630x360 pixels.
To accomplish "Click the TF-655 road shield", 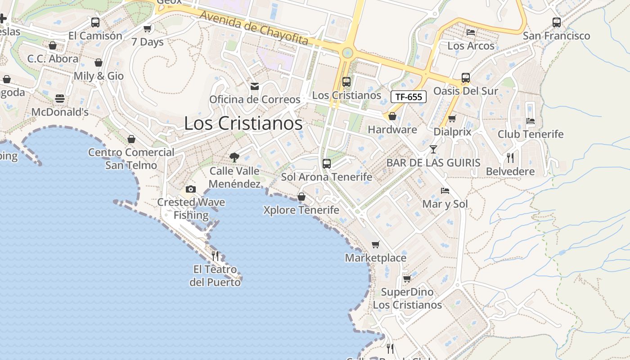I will pos(408,97).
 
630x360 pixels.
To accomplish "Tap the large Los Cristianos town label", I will pos(243,123).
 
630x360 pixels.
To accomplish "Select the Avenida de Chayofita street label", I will pos(254,28).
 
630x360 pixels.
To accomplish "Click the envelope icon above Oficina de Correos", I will pos(255,86).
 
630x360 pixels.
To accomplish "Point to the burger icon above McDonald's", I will pos(60,98).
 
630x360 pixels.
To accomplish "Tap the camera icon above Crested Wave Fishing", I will pos(191,189).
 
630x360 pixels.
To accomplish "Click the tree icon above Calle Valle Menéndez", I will pos(234,157).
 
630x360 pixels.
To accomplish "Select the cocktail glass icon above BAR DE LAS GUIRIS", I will pos(433,149).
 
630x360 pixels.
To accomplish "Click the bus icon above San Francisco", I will pos(557,22).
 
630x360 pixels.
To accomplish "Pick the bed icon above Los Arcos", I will pos(471,32).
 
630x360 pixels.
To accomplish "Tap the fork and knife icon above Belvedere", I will pos(510,157).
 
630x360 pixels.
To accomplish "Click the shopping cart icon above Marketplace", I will pos(376,244).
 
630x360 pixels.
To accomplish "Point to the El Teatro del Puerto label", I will pos(215,276).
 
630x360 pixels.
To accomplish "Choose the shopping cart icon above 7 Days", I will pos(147,29).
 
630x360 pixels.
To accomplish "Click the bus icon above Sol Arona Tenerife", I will pos(327,163).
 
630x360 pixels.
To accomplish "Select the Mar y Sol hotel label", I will pos(445,204).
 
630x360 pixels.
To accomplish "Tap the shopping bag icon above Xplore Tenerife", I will pos(301,197).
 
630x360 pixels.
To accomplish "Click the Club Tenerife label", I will pos(531,134).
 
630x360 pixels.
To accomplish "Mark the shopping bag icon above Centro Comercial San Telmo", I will pos(131,139).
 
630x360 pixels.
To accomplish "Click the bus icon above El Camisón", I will pos(95,22).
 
